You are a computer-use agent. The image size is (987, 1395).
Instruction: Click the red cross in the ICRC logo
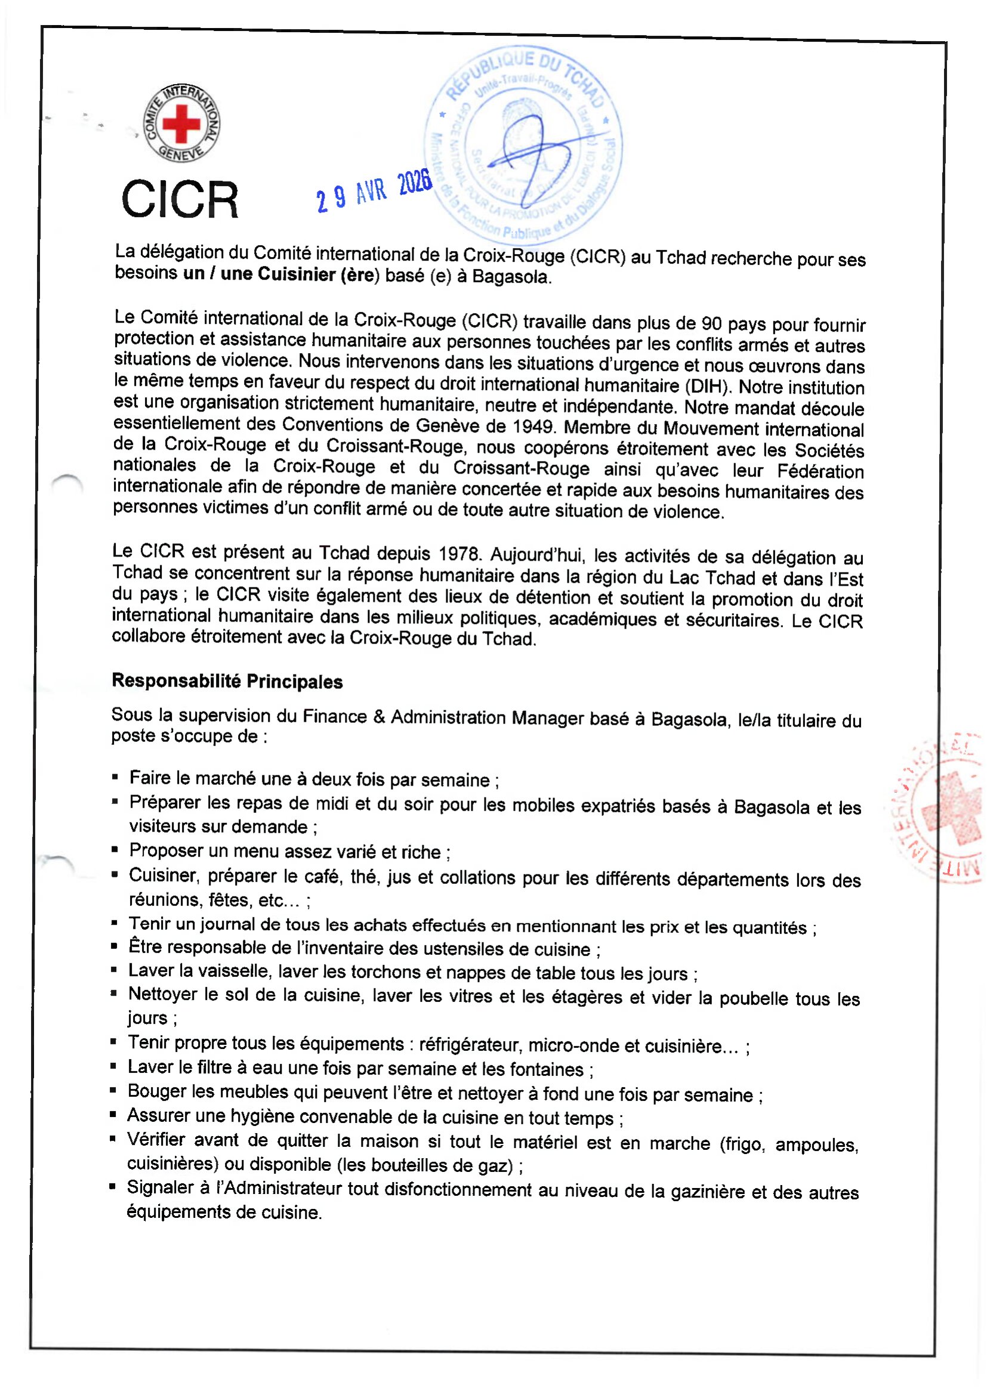point(181,123)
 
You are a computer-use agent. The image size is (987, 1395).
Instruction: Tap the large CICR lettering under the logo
point(180,199)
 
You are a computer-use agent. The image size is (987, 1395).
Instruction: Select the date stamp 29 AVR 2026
point(374,191)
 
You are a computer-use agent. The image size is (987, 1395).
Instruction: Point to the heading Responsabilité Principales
point(227,681)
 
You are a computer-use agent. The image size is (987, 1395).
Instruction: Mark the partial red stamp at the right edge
point(948,808)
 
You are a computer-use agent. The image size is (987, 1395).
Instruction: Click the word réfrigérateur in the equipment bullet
point(470,1044)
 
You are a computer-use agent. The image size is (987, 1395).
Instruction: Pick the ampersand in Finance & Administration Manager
point(380,717)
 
